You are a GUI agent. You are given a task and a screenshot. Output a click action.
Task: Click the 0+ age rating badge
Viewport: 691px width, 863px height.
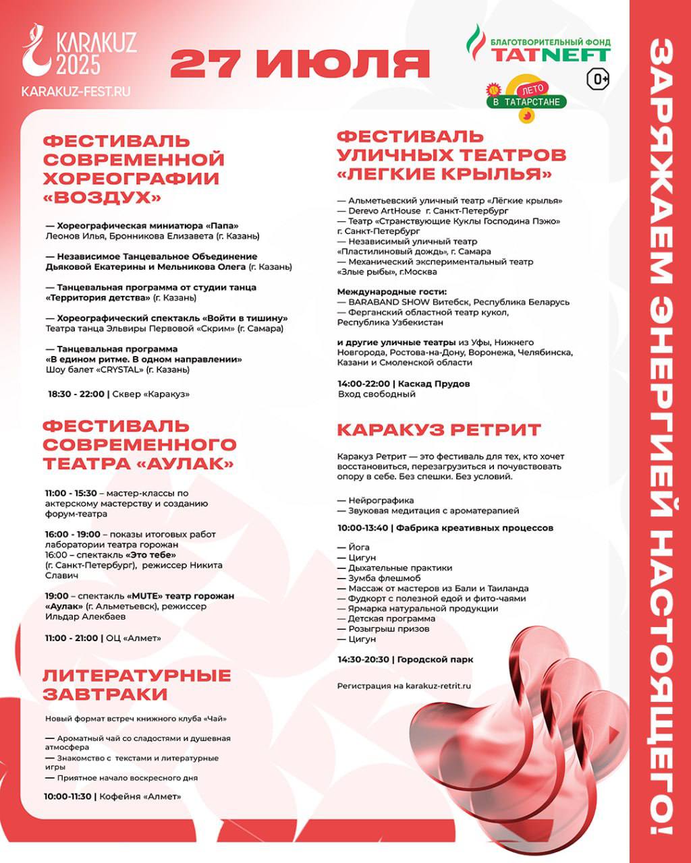click(599, 79)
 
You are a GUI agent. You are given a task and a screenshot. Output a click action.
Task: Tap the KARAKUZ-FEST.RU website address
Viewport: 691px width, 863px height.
click(76, 90)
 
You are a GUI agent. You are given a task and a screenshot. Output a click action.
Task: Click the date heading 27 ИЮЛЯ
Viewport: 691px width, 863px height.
click(300, 64)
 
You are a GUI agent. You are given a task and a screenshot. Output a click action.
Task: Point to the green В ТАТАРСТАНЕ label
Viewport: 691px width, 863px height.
click(527, 102)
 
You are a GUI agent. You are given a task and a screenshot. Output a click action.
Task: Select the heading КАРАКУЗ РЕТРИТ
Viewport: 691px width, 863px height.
click(439, 430)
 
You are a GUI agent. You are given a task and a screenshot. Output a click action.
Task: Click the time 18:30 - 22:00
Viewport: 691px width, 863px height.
click(76, 394)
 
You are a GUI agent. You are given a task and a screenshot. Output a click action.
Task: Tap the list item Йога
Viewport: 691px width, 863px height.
click(360, 547)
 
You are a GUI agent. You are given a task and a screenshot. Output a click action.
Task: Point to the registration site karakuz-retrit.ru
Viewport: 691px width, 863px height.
click(433, 686)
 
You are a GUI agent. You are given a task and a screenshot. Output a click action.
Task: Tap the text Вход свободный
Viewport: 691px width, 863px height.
click(377, 394)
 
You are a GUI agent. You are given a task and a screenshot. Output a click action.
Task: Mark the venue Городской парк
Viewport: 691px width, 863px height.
click(435, 659)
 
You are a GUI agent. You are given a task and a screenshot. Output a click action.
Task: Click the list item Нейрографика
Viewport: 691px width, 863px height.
click(381, 500)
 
